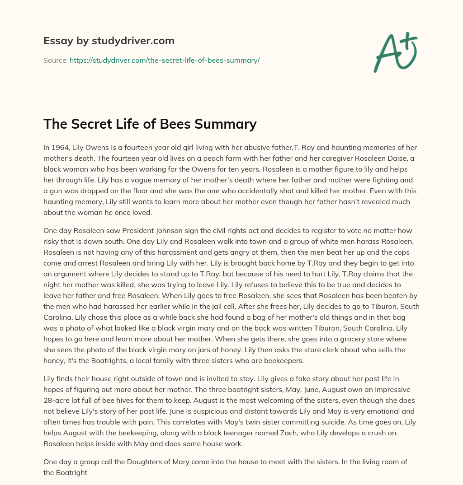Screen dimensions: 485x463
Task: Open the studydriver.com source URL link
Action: (165, 60)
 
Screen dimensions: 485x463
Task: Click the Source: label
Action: (55, 60)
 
